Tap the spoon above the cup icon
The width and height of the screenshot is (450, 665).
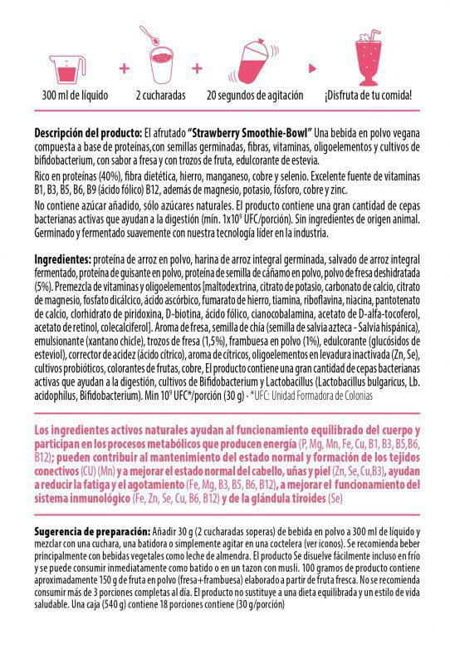[149, 36]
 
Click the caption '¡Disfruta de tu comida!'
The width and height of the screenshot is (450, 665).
[368, 95]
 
